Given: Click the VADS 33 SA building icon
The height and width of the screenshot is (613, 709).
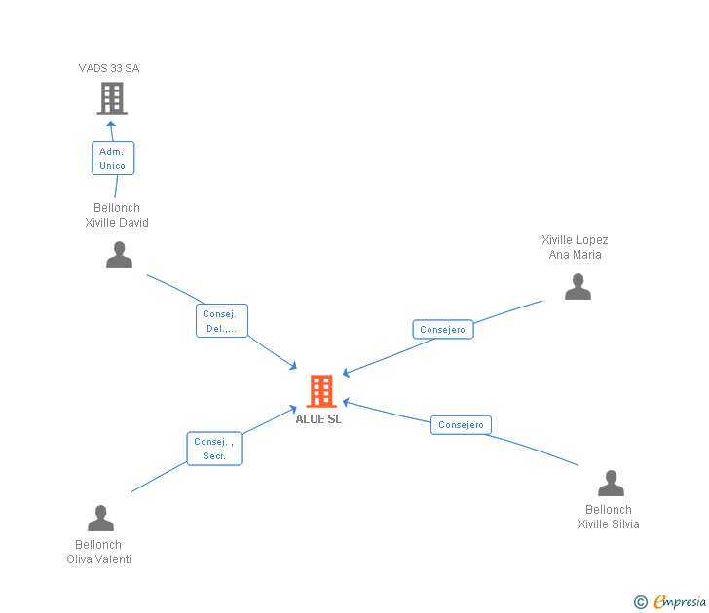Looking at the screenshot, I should pos(112,97).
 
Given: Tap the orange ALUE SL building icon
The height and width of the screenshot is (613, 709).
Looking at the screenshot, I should pos(321,390).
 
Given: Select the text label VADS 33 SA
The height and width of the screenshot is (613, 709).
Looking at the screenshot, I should pos(109,68).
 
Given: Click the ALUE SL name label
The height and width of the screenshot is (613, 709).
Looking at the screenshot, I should pos(319,419).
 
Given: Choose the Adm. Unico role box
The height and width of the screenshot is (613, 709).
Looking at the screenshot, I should pos(113,159).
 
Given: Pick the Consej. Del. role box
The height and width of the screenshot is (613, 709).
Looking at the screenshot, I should pos(222,321).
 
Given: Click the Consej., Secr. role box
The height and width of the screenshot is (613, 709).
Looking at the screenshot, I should pos(214,449).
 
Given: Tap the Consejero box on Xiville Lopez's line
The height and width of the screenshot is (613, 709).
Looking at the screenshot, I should pos(443,330).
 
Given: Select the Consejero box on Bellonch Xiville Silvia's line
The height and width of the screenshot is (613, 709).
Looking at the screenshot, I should pos(461,425).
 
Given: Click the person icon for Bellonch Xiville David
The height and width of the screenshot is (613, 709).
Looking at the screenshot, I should pos(119,255).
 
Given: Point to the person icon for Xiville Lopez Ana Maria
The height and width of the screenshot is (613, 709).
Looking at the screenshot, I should pos(578,287).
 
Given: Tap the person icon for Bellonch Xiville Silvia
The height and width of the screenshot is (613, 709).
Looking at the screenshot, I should pos(611,484).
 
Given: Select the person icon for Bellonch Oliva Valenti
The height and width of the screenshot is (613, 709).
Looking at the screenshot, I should pos(100,519).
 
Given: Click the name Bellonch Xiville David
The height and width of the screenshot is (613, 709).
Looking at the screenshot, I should pos(117,215).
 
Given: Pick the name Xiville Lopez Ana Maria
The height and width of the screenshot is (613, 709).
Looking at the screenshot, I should pos(576,247).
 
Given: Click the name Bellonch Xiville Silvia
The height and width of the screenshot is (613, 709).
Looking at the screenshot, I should pos(609,517).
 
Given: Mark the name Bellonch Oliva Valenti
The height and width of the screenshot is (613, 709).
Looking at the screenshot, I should pos(98,552).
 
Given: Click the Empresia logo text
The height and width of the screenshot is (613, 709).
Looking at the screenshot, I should pos(680,602).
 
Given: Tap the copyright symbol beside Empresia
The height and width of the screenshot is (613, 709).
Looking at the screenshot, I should pos(641,602).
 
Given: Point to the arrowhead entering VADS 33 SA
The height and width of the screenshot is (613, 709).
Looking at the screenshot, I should pos(111,124).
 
